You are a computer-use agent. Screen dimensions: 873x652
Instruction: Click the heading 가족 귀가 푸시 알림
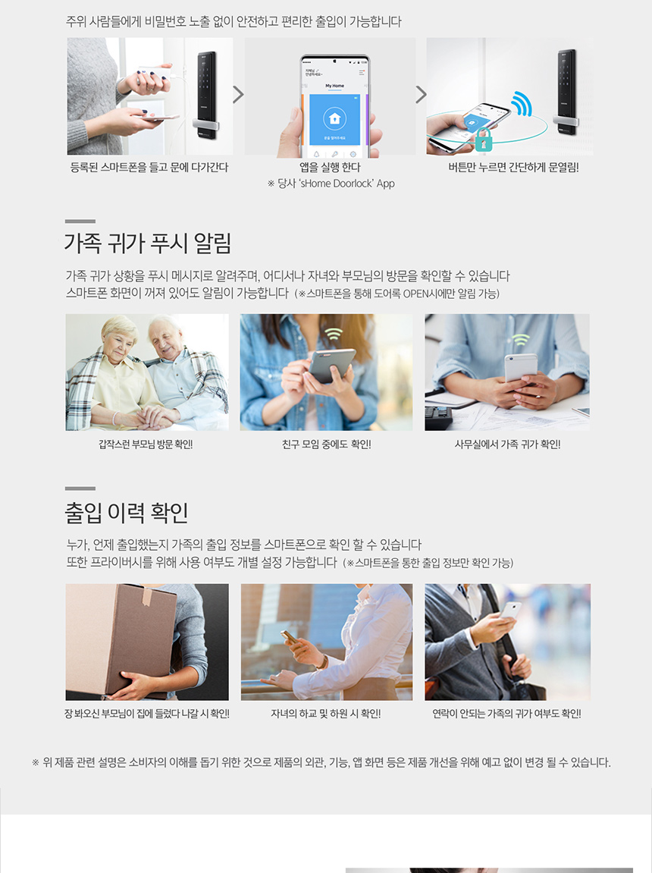(x=148, y=243)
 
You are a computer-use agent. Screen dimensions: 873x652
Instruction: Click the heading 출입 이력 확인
(x=127, y=513)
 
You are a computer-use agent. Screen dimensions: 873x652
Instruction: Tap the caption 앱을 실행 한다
(x=330, y=167)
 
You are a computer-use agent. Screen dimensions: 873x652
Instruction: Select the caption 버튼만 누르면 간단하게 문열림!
(x=513, y=167)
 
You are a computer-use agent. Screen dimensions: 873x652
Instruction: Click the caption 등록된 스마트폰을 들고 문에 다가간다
(x=149, y=167)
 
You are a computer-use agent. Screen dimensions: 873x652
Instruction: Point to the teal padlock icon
(x=484, y=139)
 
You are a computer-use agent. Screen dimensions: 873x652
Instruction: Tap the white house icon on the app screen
(x=334, y=118)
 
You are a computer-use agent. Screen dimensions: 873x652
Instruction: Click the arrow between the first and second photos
(x=238, y=94)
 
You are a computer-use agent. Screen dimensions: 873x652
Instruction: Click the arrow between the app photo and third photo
(x=422, y=94)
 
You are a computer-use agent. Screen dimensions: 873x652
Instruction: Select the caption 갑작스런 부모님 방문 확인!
(x=146, y=444)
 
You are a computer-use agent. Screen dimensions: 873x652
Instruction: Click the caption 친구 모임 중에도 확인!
(x=326, y=444)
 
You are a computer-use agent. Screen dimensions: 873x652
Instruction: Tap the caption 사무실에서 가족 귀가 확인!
(x=507, y=444)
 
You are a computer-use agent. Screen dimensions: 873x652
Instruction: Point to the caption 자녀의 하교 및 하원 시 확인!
(x=326, y=714)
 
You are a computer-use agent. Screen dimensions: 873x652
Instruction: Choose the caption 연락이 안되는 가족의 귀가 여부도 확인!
(x=507, y=714)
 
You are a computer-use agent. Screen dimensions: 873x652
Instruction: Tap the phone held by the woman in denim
(x=331, y=365)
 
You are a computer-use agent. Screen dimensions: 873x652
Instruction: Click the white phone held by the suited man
(x=509, y=609)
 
